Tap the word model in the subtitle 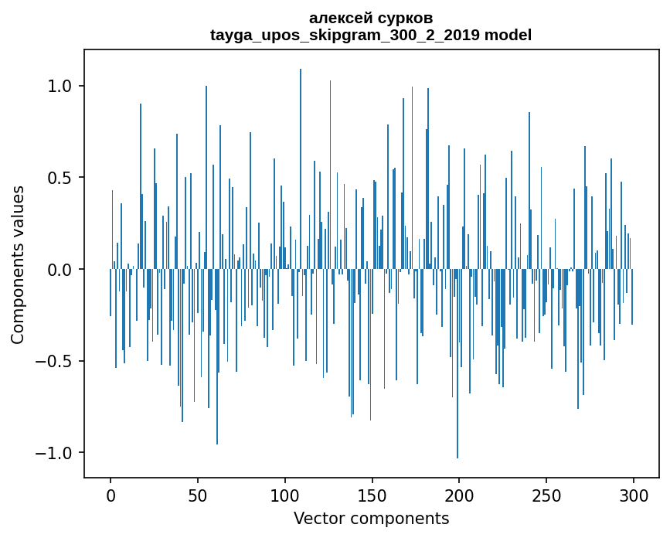[508, 35]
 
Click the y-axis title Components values [18, 264]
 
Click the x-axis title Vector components [371, 518]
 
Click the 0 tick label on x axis [111, 495]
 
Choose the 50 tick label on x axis [198, 495]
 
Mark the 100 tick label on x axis [285, 495]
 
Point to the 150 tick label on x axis [372, 495]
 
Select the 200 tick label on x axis [459, 495]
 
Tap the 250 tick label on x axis [546, 495]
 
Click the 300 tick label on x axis [634, 495]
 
